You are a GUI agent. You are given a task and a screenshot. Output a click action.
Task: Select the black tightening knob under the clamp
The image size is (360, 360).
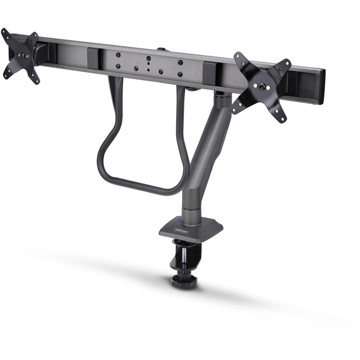(x=183, y=281)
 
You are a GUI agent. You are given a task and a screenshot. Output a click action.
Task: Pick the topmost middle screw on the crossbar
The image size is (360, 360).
(x=148, y=58)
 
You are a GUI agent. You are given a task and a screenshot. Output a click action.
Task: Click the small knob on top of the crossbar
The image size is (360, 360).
(x=161, y=49)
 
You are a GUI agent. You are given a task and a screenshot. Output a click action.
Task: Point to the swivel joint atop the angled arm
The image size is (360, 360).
(x=221, y=95)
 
